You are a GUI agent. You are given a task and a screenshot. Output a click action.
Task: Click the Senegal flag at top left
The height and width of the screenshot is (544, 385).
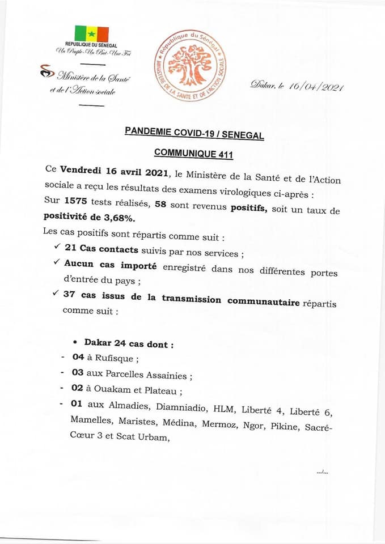(x=91, y=33)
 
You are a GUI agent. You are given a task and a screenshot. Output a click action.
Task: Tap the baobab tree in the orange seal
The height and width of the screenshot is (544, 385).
(x=191, y=65)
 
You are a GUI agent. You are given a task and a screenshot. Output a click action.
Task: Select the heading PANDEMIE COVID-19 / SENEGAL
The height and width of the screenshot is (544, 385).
(x=194, y=134)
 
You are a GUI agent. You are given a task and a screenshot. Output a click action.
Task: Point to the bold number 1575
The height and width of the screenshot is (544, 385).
(x=79, y=201)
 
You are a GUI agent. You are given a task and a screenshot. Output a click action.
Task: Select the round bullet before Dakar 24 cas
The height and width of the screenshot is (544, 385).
(x=75, y=342)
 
